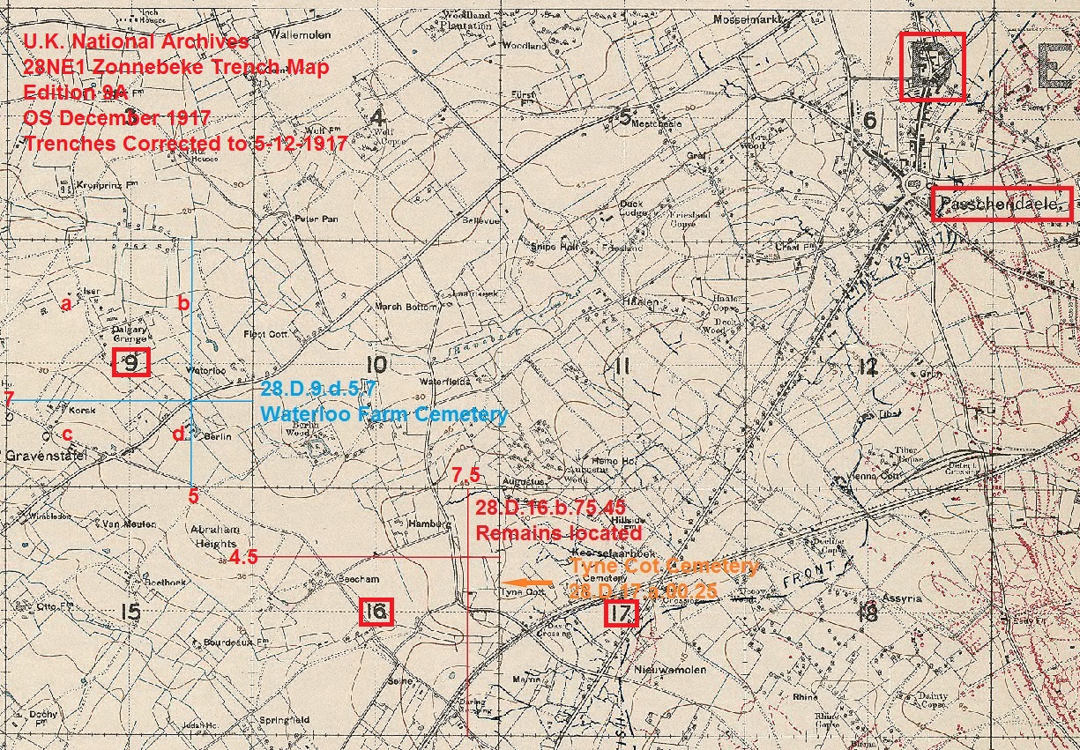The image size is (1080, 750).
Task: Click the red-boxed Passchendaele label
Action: (1002, 204)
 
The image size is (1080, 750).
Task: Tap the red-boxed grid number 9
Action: (131, 362)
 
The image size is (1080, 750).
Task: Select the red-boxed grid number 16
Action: (376, 612)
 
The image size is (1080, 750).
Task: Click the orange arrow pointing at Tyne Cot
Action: (526, 583)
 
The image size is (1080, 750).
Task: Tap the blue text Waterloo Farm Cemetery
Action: (384, 414)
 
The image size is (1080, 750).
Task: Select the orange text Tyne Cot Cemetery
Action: (664, 566)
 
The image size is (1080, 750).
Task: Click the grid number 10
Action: (376, 364)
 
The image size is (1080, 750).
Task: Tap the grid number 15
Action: (130, 612)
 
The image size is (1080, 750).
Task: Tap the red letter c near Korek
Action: (66, 434)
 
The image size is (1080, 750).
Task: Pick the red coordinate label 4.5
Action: (243, 557)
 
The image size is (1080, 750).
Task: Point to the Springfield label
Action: (283, 720)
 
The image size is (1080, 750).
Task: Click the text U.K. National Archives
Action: (137, 41)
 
